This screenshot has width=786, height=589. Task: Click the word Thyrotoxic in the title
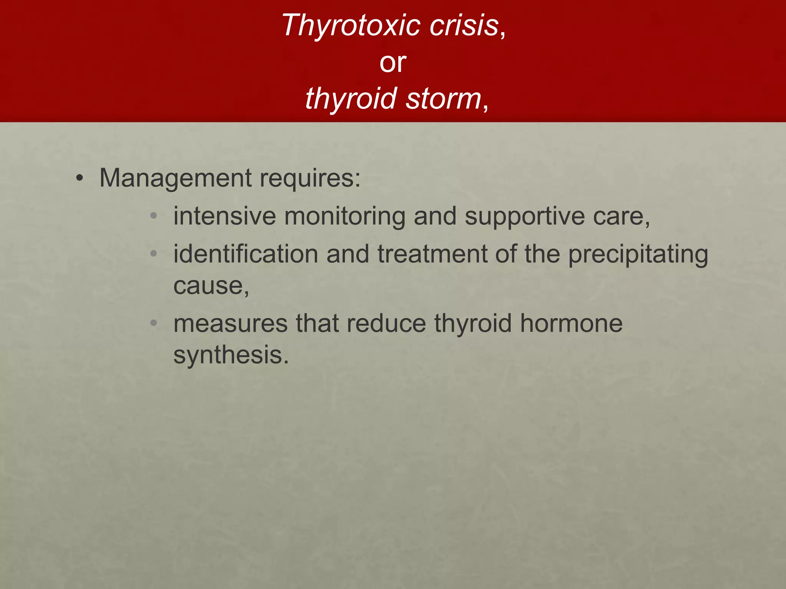pyautogui.click(x=351, y=25)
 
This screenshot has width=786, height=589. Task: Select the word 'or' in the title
pyautogui.click(x=393, y=63)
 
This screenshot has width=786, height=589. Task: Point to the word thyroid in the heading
pyautogui.click(x=351, y=99)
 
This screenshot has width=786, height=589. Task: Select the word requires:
pyautogui.click(x=310, y=179)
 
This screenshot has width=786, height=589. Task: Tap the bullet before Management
pyautogui.click(x=79, y=178)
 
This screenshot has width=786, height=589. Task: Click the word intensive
pyautogui.click(x=225, y=216)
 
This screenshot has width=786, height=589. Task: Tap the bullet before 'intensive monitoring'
pyautogui.click(x=154, y=216)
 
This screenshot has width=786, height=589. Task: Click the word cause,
pyautogui.click(x=211, y=286)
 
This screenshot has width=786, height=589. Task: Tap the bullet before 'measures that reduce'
pyautogui.click(x=154, y=323)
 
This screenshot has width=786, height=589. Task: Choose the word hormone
pyautogui.click(x=571, y=324)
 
